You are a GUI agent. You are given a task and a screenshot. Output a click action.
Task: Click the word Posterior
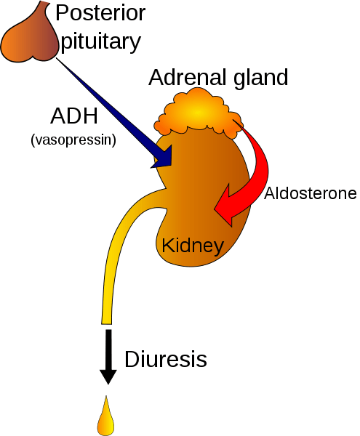point(100,13)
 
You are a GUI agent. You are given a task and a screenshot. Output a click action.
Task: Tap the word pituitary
point(100,41)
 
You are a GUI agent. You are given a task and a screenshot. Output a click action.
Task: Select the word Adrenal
point(188,77)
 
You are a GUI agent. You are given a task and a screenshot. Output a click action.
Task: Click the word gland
point(260,78)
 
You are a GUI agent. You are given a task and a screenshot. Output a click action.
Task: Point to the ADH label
point(74,116)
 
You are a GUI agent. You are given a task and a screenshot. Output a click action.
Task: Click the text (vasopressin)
point(73,140)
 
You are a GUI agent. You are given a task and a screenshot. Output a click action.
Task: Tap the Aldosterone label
point(311,193)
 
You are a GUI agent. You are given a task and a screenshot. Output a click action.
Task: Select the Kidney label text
point(193,246)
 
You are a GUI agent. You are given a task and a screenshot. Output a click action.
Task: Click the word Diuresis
point(166,359)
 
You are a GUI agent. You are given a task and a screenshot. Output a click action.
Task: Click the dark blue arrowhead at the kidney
point(163,157)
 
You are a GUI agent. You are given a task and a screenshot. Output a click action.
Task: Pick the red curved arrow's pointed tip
point(215,209)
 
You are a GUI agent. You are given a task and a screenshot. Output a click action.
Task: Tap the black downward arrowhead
point(108,376)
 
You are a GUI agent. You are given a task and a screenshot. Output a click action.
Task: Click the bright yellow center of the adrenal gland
point(198,112)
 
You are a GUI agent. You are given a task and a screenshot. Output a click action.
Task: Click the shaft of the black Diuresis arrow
point(108,350)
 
